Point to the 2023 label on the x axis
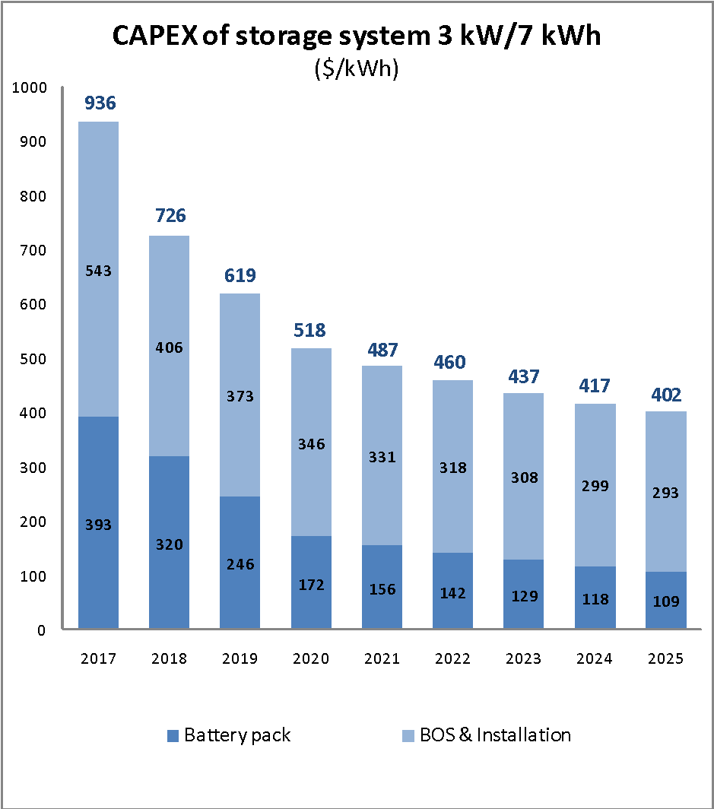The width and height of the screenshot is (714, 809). coord(523,658)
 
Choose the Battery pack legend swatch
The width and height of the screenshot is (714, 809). coord(173,735)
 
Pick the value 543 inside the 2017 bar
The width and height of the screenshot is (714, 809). coord(98,271)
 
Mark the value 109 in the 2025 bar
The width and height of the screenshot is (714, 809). coord(665,601)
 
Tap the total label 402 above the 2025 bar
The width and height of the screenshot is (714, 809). coord(665,395)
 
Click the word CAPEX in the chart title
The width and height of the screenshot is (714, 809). coord(155,36)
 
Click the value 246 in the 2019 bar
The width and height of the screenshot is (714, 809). coord(240,564)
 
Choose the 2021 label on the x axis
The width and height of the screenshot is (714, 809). coord(382,658)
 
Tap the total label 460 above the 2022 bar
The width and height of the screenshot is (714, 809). coord(452,362)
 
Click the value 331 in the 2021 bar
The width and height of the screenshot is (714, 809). coord(382,458)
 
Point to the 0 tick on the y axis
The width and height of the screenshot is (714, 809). coord(43,630)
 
